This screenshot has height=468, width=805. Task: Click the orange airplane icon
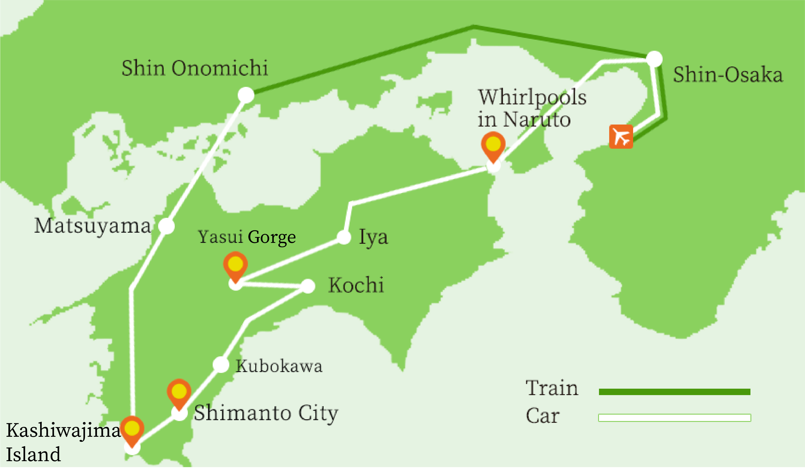tap(621, 137)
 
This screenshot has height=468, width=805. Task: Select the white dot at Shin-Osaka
tap(654, 59)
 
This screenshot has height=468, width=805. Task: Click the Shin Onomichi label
tap(194, 68)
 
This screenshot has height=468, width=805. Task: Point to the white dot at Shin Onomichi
tap(246, 95)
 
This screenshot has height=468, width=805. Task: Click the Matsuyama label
tap(92, 226)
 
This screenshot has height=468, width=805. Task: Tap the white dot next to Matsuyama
tap(166, 226)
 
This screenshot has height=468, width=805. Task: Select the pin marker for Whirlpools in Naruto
tap(493, 145)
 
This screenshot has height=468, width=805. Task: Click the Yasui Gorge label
tap(247, 237)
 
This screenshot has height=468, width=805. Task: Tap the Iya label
tap(373, 237)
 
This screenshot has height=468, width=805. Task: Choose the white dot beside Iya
tap(344, 237)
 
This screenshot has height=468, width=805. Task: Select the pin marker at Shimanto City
tap(179, 392)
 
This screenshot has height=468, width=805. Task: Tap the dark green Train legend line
tap(674, 392)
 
